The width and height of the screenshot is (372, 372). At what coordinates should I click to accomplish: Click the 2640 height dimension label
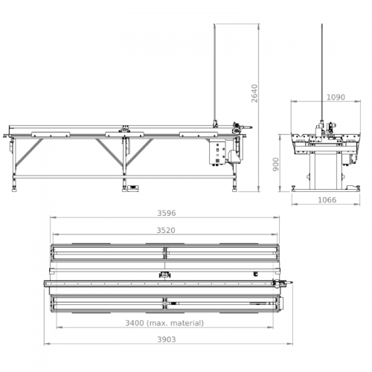[254, 93]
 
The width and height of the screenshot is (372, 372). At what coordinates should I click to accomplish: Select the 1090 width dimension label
[336, 97]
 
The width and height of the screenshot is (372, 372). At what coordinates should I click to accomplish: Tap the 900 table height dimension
[276, 164]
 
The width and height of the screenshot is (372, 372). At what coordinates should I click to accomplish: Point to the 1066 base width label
[327, 200]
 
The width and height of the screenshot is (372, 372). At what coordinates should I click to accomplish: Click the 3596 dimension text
[167, 214]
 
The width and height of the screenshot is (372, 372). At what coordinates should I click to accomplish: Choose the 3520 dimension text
[166, 231]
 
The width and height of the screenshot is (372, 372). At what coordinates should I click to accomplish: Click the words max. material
[175, 323]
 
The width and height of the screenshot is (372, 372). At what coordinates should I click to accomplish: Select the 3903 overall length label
[167, 339]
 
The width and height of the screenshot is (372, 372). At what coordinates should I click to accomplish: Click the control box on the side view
[217, 152]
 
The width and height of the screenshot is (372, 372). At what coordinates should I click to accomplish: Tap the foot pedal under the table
[132, 188]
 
